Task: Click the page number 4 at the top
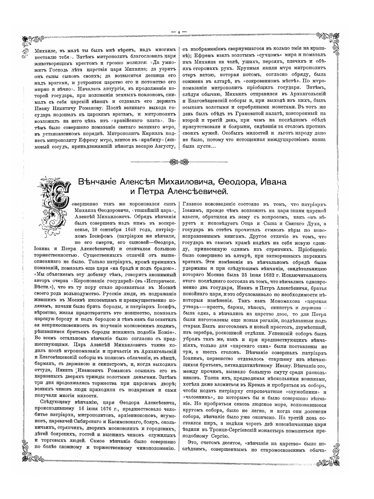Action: click(x=179, y=32)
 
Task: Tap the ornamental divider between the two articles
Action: click(x=179, y=162)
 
